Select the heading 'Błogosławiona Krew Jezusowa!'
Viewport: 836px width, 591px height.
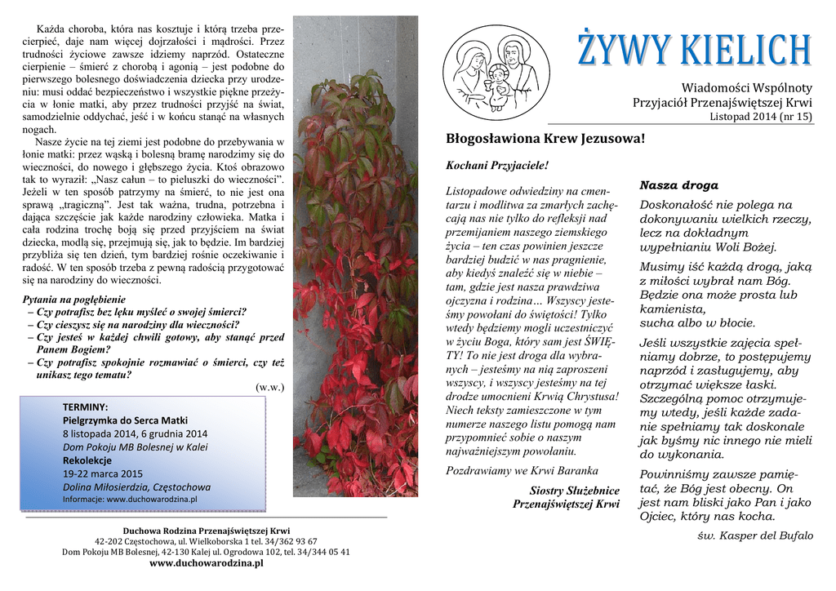coord(545,139)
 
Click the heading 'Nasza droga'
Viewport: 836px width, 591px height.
coord(679,185)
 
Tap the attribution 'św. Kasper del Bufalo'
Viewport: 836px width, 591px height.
coord(756,535)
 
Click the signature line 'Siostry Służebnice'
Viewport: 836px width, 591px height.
coord(574,490)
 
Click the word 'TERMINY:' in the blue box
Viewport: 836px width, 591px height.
coord(86,407)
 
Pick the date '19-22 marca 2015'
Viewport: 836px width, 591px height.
coord(103,473)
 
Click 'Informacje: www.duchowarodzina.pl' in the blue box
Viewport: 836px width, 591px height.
coord(130,499)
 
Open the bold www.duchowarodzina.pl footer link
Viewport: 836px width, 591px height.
coord(207,563)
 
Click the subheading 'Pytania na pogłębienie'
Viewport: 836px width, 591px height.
coord(74,299)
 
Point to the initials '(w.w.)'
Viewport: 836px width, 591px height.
coord(269,387)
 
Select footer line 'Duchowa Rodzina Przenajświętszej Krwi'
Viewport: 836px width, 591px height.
coord(207,531)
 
